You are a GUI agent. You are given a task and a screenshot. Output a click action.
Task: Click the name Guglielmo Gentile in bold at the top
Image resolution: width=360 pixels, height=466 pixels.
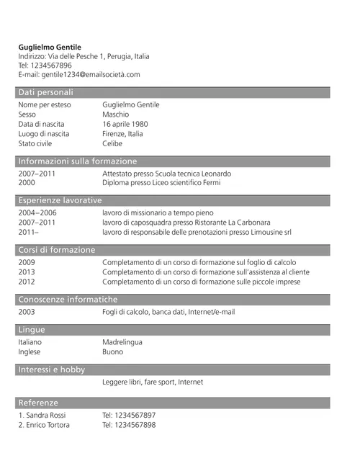[x=50, y=47]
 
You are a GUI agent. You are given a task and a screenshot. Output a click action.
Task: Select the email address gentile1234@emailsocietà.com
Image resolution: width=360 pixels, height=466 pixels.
[x=90, y=74]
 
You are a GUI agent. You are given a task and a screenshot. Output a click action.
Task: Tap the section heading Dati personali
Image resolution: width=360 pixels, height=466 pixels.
[x=45, y=92]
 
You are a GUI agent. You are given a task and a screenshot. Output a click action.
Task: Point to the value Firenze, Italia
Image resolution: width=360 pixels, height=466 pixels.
[x=122, y=133]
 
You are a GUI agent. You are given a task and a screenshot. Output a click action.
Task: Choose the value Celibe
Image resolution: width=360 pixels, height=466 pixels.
[x=112, y=143]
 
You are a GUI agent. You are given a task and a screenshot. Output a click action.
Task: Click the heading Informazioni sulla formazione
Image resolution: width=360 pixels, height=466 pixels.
[x=77, y=161]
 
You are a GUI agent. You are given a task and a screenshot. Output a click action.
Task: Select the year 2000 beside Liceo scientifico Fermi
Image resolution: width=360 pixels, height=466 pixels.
[x=27, y=183]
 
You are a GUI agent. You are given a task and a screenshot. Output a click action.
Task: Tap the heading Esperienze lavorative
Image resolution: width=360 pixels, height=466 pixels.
[x=60, y=200]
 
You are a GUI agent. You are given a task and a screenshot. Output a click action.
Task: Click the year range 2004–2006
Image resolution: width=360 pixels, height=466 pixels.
[x=37, y=213]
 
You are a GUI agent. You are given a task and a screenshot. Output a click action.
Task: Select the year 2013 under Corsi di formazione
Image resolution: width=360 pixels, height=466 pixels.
[x=27, y=272]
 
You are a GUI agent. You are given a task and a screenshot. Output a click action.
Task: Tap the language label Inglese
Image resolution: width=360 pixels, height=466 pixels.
[x=30, y=351]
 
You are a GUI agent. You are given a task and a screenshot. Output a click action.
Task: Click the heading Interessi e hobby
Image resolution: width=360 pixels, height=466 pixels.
[x=51, y=369]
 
